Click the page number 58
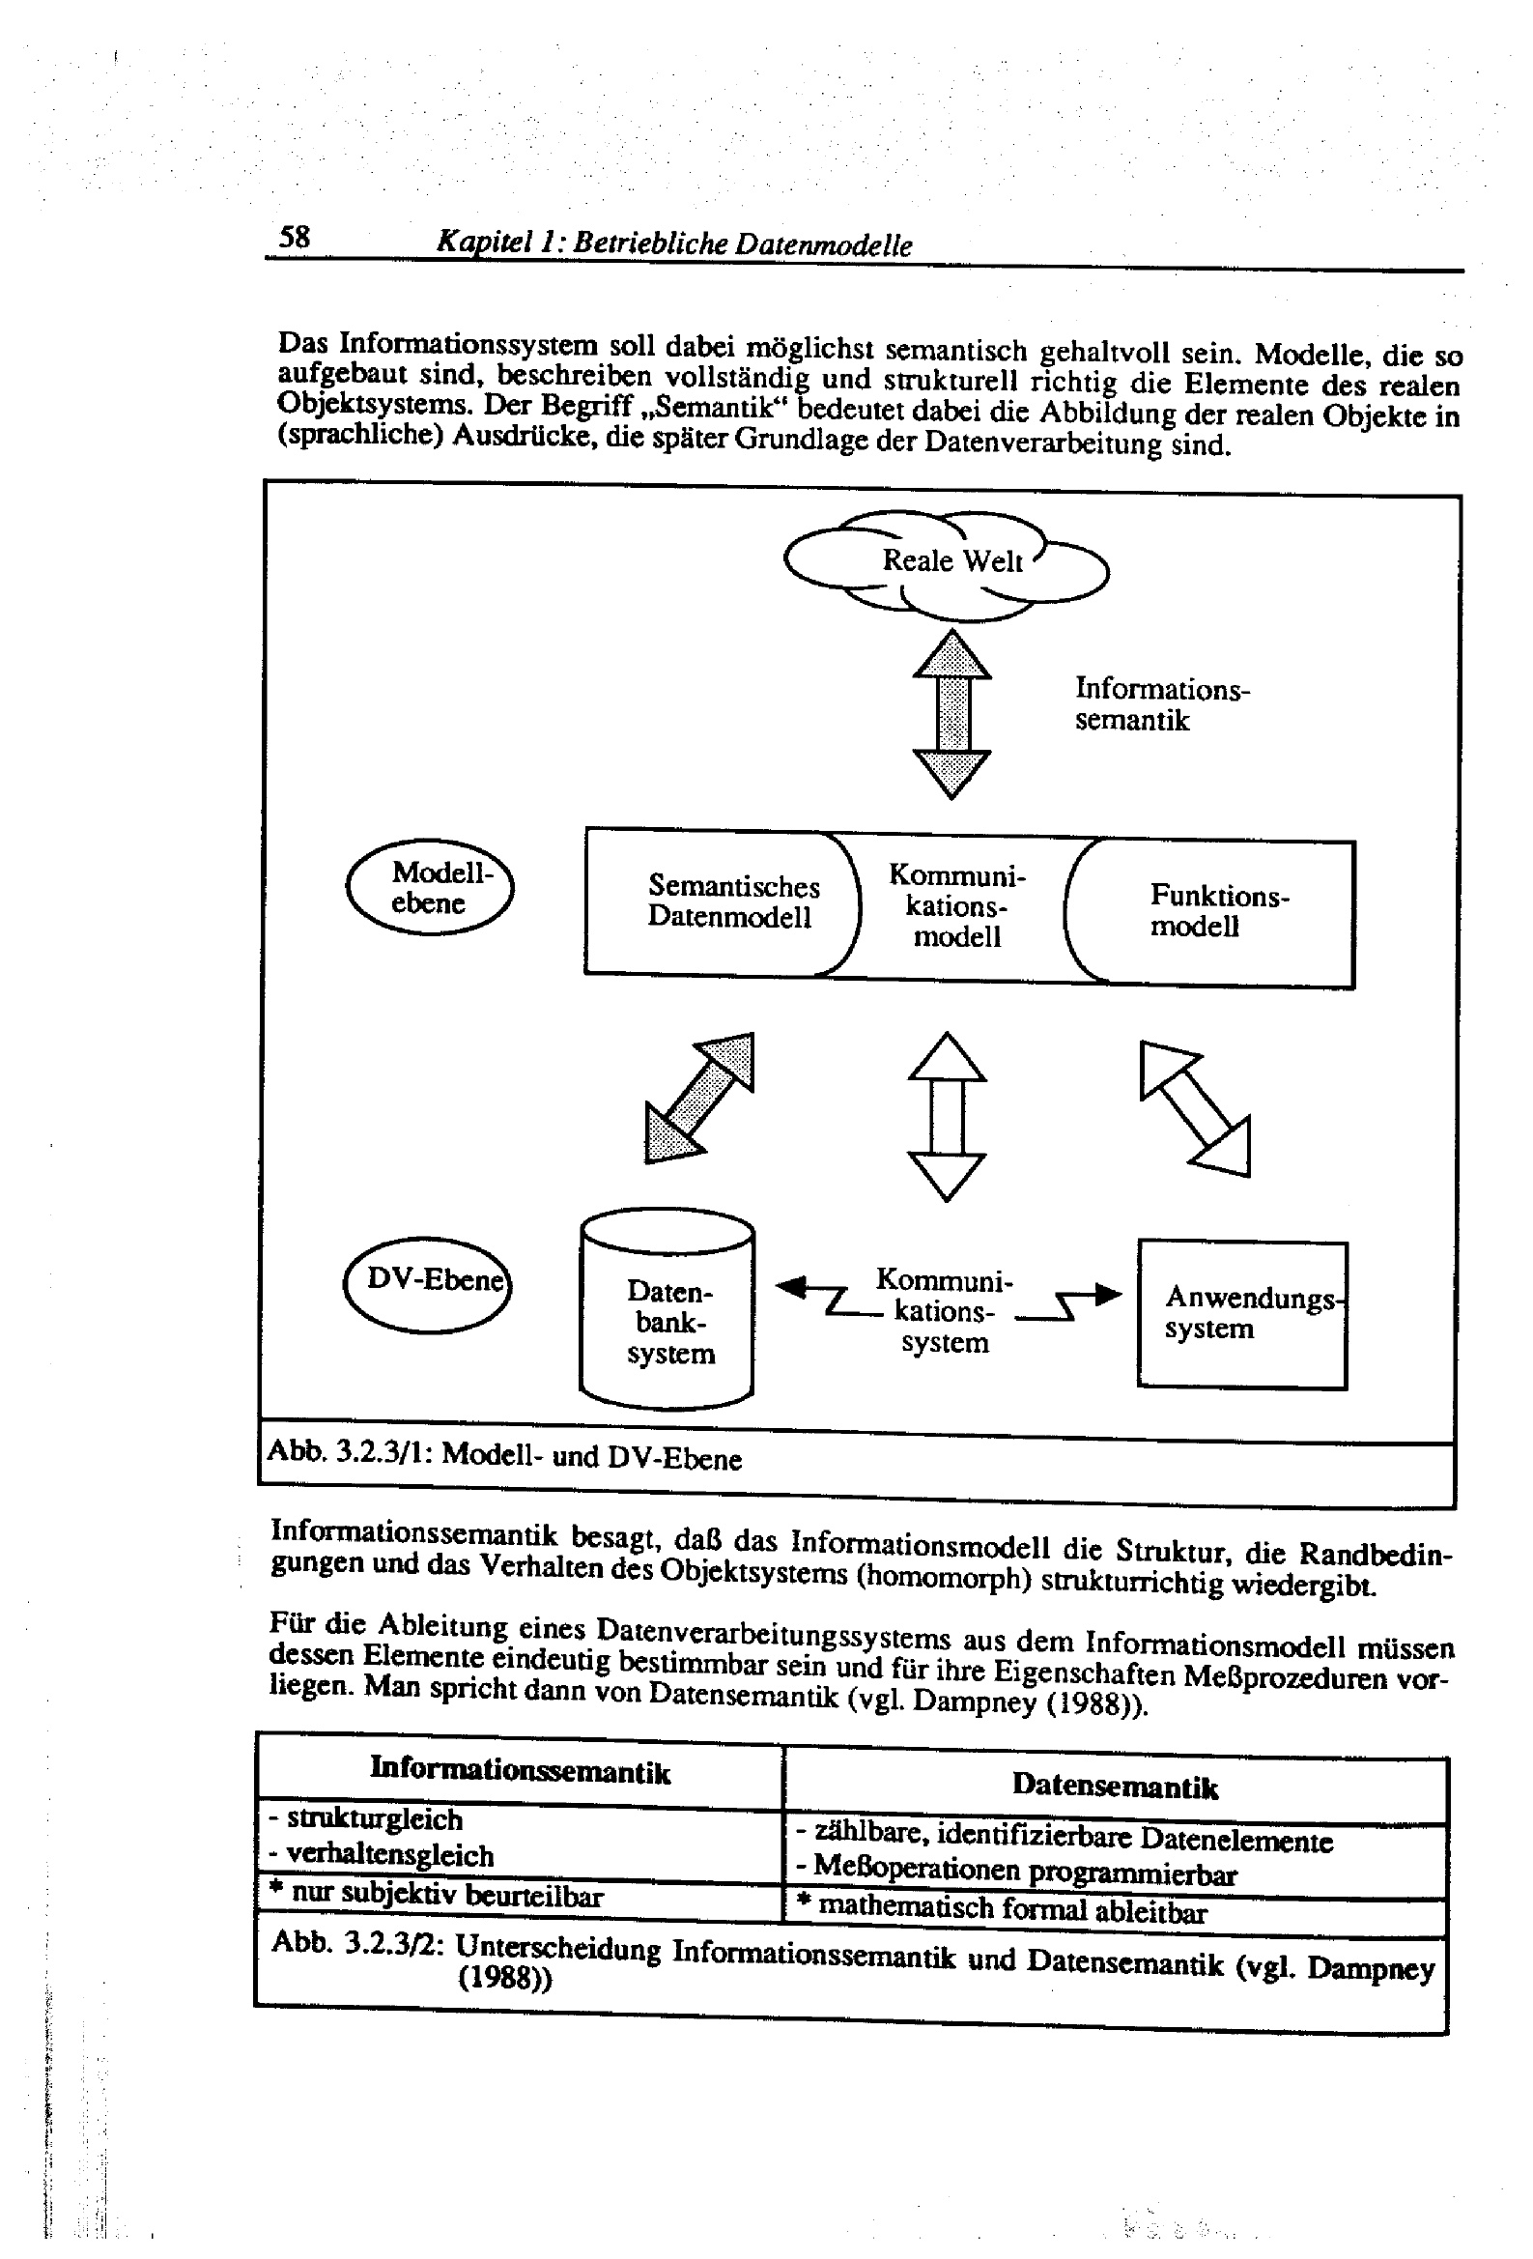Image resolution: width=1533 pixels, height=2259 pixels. (x=294, y=237)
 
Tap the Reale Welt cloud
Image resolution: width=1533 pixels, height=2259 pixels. (x=948, y=562)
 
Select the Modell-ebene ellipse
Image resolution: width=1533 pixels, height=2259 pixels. (x=430, y=887)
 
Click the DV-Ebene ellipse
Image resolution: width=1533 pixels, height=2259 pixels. (x=428, y=1282)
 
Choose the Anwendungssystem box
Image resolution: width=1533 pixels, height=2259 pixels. (x=1241, y=1314)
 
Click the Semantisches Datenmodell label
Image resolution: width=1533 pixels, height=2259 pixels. (x=732, y=902)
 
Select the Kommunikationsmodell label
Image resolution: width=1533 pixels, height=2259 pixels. (x=956, y=906)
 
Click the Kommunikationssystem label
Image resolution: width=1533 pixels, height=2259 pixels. (x=944, y=1310)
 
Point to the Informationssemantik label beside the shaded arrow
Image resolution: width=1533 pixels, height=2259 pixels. (x=1161, y=704)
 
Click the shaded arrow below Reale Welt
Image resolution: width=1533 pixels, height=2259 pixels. (x=952, y=714)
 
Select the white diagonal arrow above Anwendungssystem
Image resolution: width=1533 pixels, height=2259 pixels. (x=1195, y=1109)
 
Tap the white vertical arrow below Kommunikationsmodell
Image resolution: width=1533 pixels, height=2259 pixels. (x=948, y=1117)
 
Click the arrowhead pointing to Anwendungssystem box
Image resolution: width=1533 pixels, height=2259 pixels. (x=1107, y=1294)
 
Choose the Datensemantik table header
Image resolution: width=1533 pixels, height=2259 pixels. (x=1114, y=1785)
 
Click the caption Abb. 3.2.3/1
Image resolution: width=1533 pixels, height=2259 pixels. (x=503, y=1456)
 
